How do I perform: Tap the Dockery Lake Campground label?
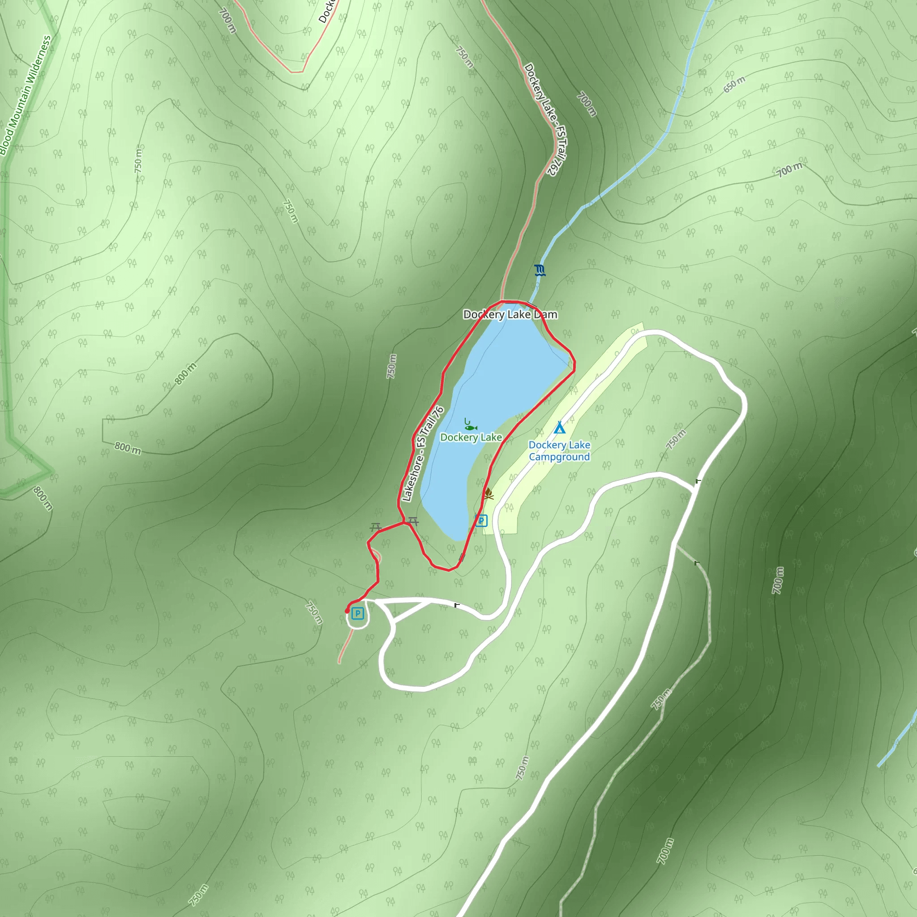[x=559, y=451]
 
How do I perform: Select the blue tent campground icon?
[x=560, y=428]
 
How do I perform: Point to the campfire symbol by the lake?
[x=488, y=494]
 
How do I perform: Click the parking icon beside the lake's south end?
[x=481, y=521]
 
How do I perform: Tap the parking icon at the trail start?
[x=357, y=614]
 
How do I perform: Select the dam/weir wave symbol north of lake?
[x=539, y=270]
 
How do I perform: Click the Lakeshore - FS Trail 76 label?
[x=422, y=454]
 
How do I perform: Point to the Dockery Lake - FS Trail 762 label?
[x=540, y=120]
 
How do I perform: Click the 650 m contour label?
[x=734, y=85]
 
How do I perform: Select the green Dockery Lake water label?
[x=471, y=437]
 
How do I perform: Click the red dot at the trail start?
[x=347, y=611]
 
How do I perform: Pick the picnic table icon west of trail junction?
[x=376, y=527]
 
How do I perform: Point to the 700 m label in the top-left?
[x=227, y=21]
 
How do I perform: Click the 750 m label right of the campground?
[x=676, y=440]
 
